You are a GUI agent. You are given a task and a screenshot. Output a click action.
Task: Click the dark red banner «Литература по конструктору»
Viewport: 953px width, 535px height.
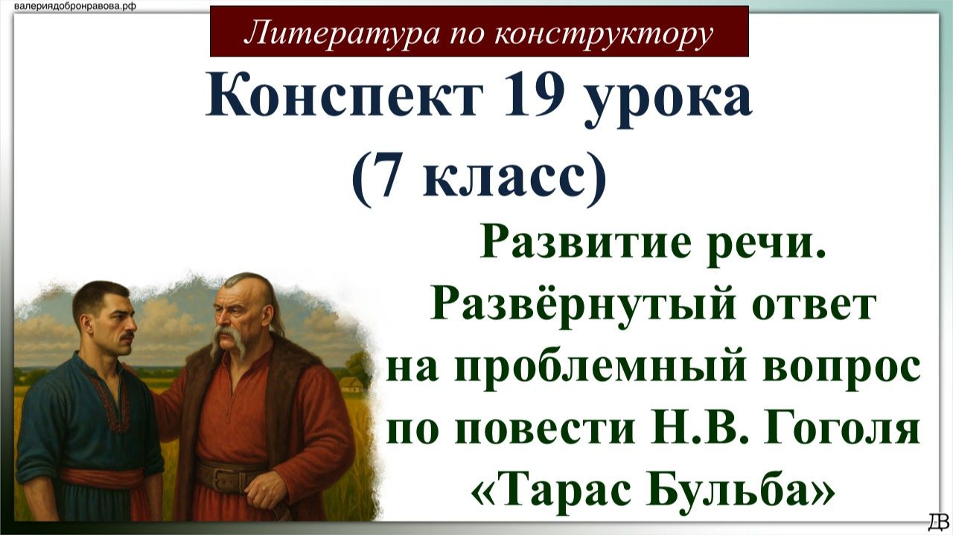pos(479,31)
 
